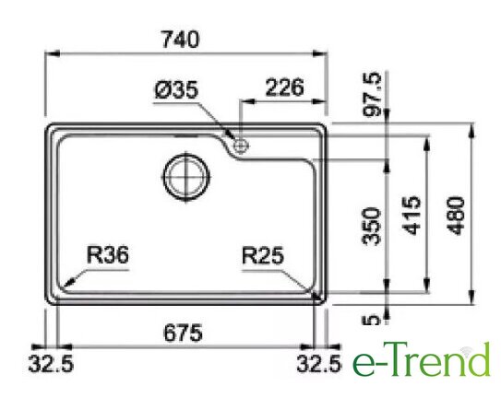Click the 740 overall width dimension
(181, 40)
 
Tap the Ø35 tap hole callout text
(176, 89)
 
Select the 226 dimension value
(285, 88)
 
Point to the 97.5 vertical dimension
(373, 94)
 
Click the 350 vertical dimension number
(372, 227)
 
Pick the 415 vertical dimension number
(412, 216)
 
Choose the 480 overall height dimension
(456, 216)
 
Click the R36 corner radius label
(108, 255)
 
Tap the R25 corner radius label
(263, 255)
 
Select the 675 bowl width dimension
(183, 333)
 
